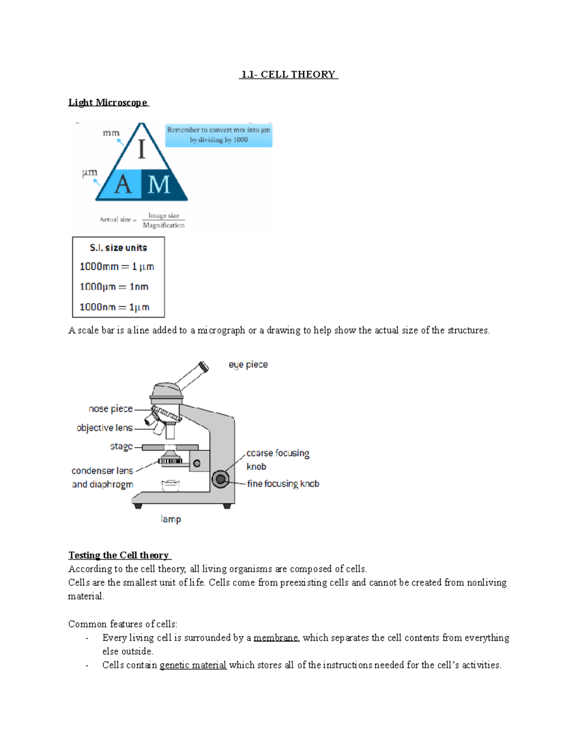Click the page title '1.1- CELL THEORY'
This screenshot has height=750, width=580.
coord(289,74)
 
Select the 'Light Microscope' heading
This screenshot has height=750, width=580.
coord(108,102)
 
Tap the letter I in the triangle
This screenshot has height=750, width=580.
coord(142,149)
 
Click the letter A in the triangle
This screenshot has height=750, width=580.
coord(123,184)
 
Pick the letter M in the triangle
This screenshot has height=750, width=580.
coord(159,184)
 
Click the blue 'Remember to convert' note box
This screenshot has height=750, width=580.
coord(218,135)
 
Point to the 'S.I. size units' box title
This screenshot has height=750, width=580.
coord(118,248)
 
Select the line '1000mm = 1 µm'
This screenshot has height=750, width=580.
coord(116,267)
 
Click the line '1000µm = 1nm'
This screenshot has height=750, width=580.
coord(114,287)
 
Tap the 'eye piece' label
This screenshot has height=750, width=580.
coord(248,365)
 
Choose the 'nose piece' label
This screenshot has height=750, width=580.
coord(111,409)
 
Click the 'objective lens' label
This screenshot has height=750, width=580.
coord(104,428)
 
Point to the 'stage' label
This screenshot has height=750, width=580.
coord(121,447)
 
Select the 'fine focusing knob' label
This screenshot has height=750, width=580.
coord(283,483)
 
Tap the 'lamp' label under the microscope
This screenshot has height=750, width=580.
coord(171,519)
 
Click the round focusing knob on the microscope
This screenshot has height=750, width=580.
coord(220,479)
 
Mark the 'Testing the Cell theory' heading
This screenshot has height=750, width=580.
coord(118,555)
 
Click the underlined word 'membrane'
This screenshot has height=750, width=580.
coord(276,638)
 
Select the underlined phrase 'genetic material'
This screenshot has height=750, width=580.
coord(193,665)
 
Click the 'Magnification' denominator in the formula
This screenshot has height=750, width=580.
coord(163,226)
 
